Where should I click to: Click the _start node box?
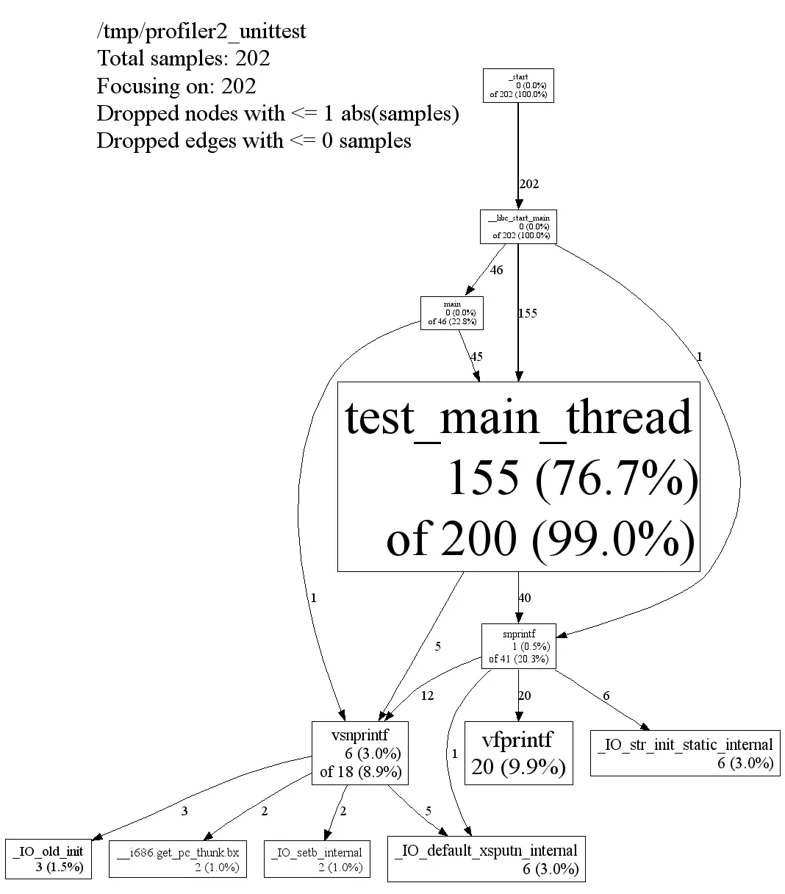(518, 85)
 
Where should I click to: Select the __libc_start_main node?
(518, 226)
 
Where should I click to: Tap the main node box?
(452, 312)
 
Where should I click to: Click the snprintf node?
(518, 646)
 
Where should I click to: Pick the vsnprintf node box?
(359, 752)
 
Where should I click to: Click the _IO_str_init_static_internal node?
(684, 753)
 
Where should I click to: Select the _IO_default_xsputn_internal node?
(486, 858)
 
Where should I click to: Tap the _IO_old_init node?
(49, 858)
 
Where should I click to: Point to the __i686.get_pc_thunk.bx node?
(177, 858)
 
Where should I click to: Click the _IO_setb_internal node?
(316, 858)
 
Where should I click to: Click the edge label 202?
(529, 184)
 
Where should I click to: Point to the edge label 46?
(496, 270)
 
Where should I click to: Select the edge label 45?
(476, 357)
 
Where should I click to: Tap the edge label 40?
(524, 598)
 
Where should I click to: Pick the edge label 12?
(427, 695)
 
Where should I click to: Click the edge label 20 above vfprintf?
(524, 695)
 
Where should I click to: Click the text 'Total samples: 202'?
(184, 59)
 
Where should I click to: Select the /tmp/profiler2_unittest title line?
(201, 32)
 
